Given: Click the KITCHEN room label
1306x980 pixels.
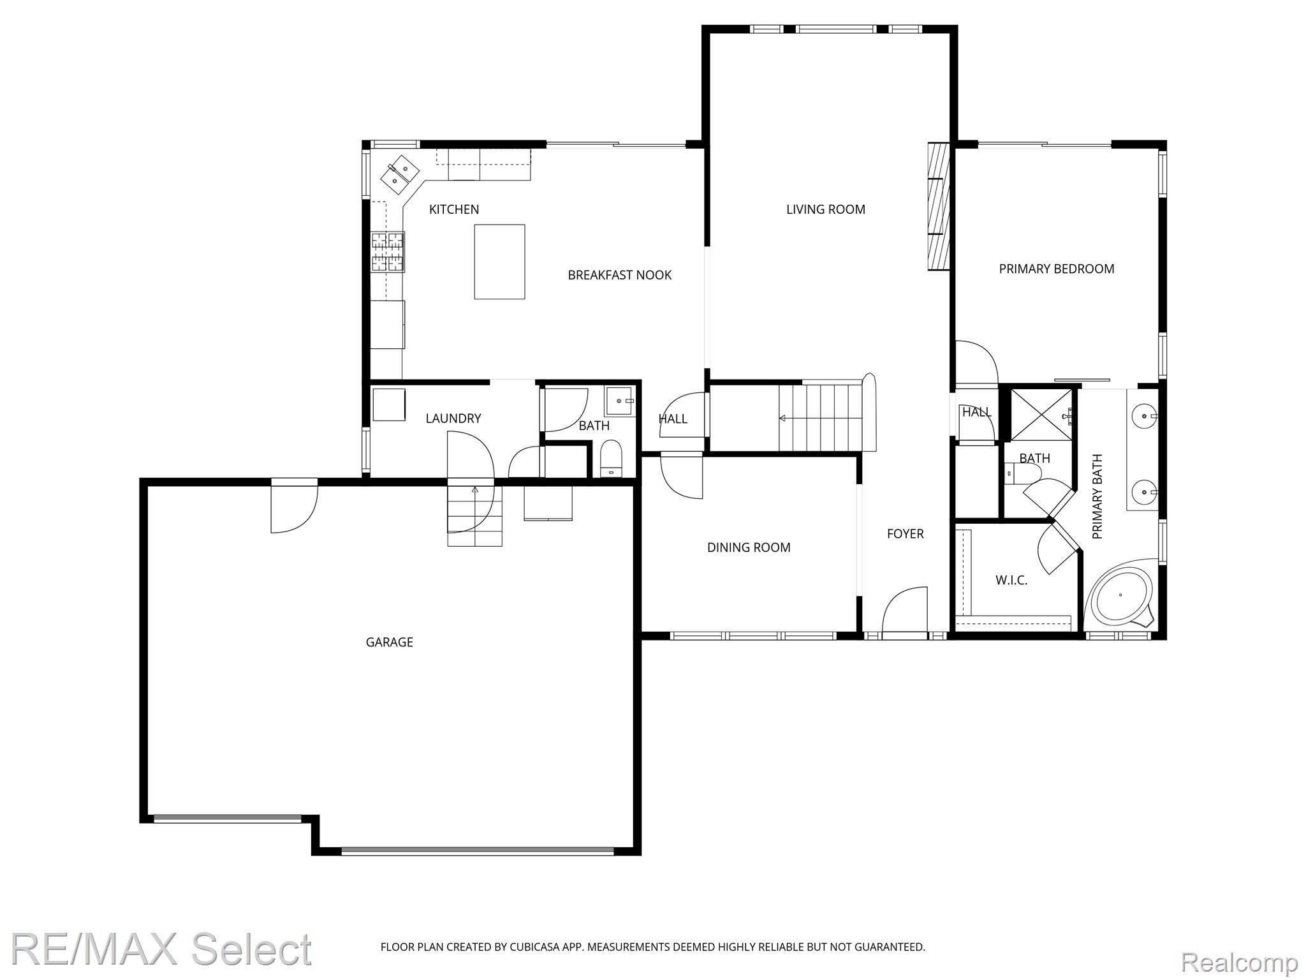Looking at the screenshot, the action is pos(453,209).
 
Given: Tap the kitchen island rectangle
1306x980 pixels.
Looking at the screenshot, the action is pos(499,262).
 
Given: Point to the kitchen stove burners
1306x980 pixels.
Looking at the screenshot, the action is pos(388,253).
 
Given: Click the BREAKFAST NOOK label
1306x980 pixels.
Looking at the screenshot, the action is pos(619,275).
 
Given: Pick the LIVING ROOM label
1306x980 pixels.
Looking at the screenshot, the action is pos(825,209).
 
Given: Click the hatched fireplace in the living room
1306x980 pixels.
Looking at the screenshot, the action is pos(938,206).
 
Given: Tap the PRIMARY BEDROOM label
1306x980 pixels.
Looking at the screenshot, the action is pos(1056,269).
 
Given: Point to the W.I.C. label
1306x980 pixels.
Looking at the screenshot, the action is pos(1011,581).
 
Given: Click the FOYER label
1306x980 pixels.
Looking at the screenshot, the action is pos(905,534).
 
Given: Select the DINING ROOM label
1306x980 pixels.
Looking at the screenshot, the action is pos(749,547).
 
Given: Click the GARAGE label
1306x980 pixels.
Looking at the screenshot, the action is pos(389,642).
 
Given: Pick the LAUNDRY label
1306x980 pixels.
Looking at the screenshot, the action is pos(453,419).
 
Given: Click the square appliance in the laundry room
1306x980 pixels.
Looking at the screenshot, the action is pos(389,405).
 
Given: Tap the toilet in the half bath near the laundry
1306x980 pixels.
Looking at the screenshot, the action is pos(611,458).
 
